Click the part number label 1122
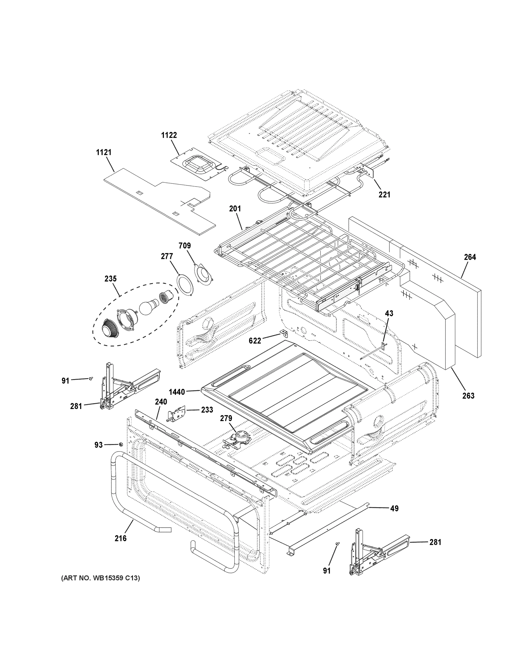point(169,135)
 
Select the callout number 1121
point(104,152)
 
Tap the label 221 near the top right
point(384,195)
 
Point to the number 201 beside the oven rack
point(235,209)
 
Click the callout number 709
point(184,246)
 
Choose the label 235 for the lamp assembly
point(111,279)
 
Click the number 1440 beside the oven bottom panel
point(177,392)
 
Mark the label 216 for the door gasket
point(121,538)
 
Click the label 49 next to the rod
point(394,509)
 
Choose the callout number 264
point(470,257)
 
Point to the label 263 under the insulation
point(468,396)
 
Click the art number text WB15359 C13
point(100,578)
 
